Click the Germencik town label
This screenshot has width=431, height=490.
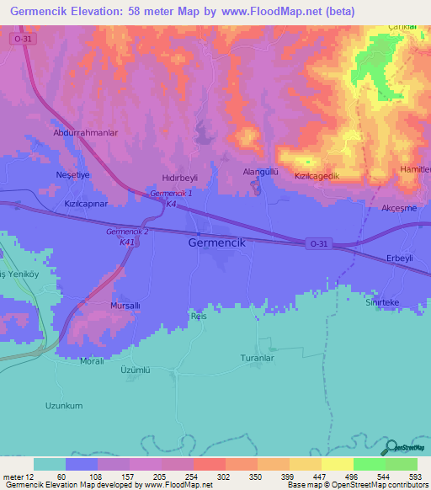[x=215, y=242]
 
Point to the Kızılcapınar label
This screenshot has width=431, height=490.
[x=87, y=204]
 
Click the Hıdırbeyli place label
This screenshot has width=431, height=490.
[x=179, y=178]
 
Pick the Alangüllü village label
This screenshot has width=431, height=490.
[x=260, y=171]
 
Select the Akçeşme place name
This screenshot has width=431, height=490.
[x=399, y=207]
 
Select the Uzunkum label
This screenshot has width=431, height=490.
[x=64, y=405]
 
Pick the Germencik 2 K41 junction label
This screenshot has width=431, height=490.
[x=128, y=237]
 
